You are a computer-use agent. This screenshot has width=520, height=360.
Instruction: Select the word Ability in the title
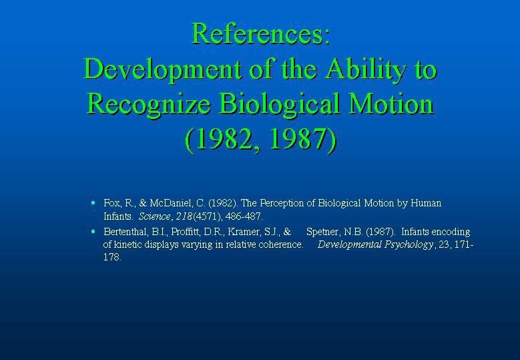(x=365, y=69)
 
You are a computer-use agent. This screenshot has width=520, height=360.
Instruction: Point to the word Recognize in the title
(x=149, y=104)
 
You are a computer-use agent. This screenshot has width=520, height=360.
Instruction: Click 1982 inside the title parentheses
(x=225, y=140)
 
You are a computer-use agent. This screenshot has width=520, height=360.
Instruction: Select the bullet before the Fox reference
(x=93, y=203)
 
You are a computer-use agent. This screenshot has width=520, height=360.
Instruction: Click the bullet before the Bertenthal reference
(x=93, y=231)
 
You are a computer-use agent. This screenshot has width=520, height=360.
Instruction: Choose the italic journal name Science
(x=155, y=216)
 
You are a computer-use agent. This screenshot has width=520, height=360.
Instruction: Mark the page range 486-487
(x=243, y=216)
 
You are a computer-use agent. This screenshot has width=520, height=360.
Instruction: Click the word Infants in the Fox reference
(x=117, y=216)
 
